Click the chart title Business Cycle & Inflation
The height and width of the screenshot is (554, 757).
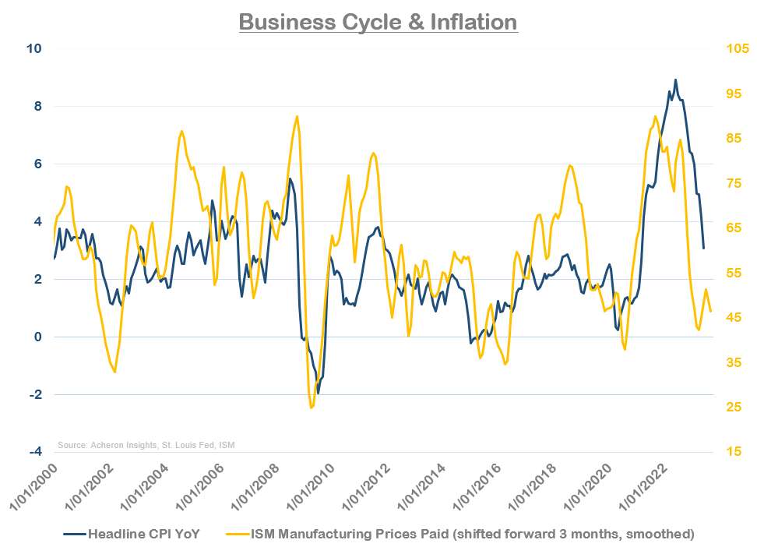click(378, 21)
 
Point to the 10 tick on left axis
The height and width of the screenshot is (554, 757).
click(35, 48)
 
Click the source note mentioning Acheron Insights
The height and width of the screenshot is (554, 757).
click(146, 445)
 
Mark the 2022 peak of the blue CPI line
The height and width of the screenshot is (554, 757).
click(675, 79)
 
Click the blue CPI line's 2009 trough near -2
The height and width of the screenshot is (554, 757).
click(318, 393)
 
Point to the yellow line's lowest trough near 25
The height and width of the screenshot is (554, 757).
click(311, 407)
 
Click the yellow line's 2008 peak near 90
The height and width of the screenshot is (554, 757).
click(298, 117)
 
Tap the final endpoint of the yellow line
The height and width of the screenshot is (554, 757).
click(710, 312)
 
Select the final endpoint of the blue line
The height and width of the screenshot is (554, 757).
click(703, 248)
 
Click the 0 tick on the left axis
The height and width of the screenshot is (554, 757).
click(37, 337)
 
